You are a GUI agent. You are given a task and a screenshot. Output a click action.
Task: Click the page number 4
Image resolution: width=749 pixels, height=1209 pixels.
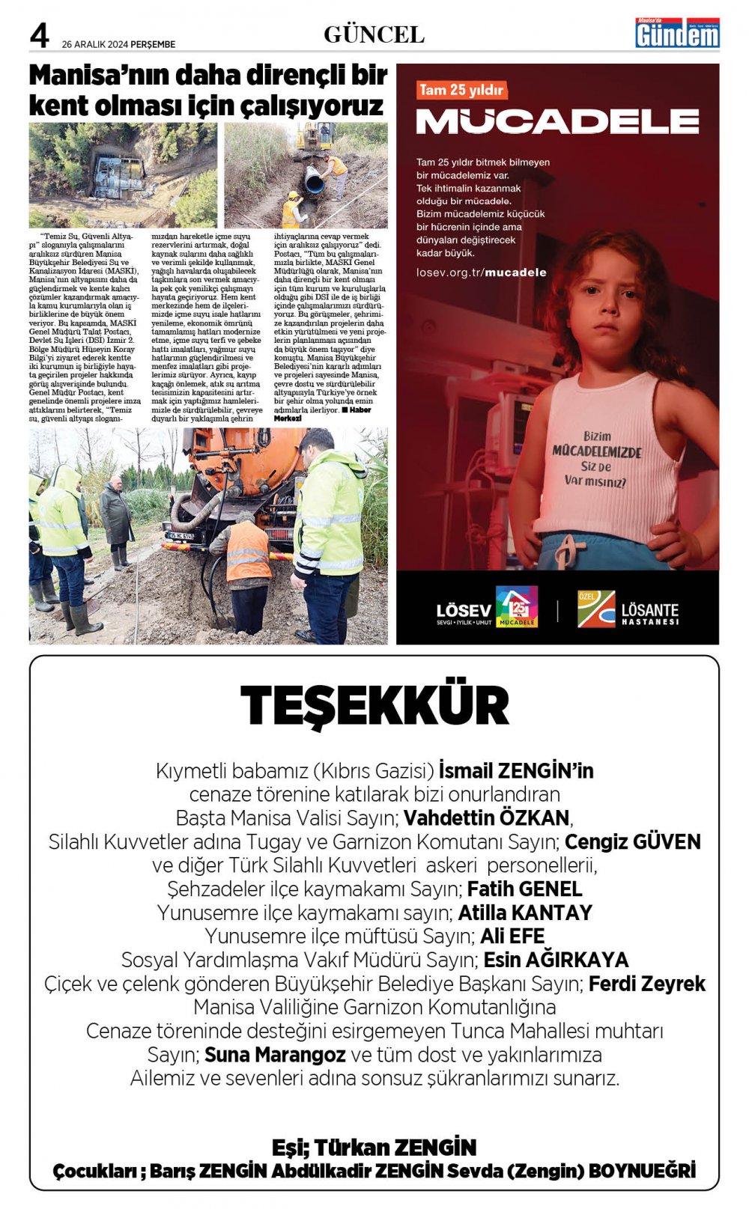(39, 35)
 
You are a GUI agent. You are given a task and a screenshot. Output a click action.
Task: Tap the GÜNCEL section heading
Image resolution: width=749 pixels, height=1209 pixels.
(374, 34)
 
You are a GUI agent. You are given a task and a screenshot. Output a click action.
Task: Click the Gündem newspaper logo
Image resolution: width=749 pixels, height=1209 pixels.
(677, 34)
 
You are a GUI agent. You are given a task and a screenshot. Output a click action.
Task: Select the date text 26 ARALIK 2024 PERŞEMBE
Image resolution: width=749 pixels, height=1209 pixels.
(118, 44)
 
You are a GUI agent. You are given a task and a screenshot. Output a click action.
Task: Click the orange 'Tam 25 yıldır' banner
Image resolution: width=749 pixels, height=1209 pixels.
(461, 90)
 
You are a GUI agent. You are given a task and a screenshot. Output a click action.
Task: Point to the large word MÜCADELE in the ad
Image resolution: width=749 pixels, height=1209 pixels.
(557, 121)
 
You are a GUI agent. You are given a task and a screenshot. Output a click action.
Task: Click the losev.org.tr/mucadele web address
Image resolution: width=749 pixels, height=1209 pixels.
(481, 272)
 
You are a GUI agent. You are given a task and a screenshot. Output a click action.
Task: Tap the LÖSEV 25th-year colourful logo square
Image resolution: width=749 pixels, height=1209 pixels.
(517, 606)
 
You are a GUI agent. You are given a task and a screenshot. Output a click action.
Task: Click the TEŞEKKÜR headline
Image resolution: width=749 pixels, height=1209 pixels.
(374, 706)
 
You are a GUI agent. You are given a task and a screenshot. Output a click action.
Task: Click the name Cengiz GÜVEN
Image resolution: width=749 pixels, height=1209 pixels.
(632, 841)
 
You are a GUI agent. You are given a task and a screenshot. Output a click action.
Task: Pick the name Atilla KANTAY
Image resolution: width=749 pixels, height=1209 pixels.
(524, 913)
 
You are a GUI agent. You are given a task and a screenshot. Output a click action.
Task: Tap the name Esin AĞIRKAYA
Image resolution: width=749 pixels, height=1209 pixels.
(556, 960)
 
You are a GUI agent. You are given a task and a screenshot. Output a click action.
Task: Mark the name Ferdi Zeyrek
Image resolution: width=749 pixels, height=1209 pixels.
(646, 984)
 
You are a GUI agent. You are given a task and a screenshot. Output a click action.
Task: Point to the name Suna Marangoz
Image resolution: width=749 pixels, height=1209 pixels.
(274, 1055)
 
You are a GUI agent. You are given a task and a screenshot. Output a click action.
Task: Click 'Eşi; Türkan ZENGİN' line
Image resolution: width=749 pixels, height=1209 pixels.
(374, 1147)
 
